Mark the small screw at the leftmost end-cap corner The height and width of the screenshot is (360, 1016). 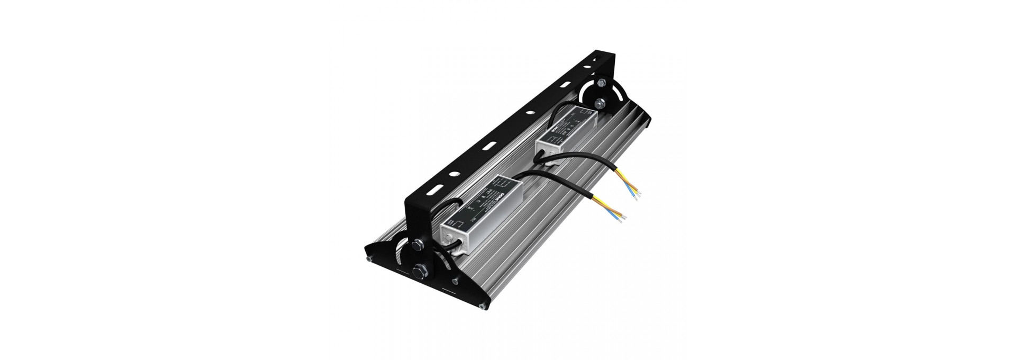[367, 259]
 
